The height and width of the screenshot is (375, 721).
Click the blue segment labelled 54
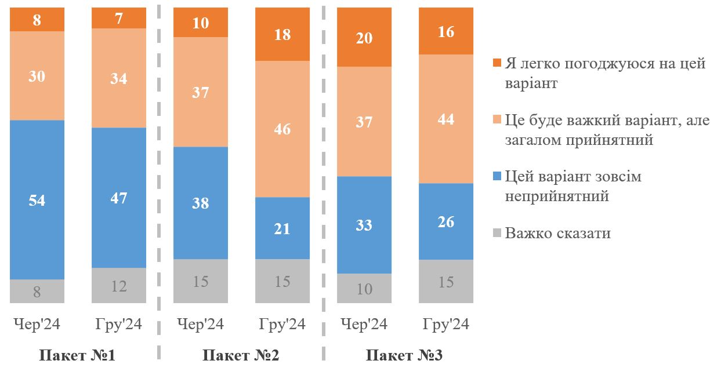tap(37, 200)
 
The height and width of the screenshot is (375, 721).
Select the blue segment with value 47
tap(119, 198)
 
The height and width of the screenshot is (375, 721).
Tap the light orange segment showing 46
tap(282, 129)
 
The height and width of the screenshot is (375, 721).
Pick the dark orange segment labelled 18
tap(282, 34)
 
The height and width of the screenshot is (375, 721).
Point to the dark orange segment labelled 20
tap(364, 38)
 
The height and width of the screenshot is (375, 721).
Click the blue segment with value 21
tap(282, 228)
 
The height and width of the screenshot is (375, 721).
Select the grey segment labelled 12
tap(119, 285)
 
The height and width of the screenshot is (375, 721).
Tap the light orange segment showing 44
tap(446, 119)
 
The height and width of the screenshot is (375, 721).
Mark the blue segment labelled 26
tap(446, 221)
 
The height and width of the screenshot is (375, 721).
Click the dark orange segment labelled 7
tap(119, 18)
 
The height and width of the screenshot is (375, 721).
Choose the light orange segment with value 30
tap(37, 75)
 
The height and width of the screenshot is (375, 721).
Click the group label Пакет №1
tap(77, 355)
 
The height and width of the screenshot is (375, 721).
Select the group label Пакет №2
tap(241, 355)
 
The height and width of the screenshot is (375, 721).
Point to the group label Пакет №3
tap(404, 355)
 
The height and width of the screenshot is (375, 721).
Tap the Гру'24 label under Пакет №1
tap(119, 324)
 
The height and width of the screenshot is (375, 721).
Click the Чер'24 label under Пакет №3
tap(364, 324)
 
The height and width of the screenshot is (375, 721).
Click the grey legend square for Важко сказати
tap(496, 234)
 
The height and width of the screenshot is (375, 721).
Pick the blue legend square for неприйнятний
tap(496, 177)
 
